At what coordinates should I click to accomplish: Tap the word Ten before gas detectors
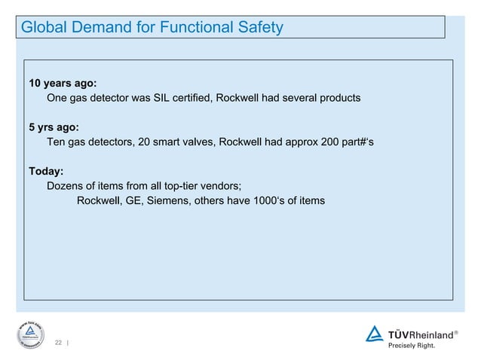tap(57, 142)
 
